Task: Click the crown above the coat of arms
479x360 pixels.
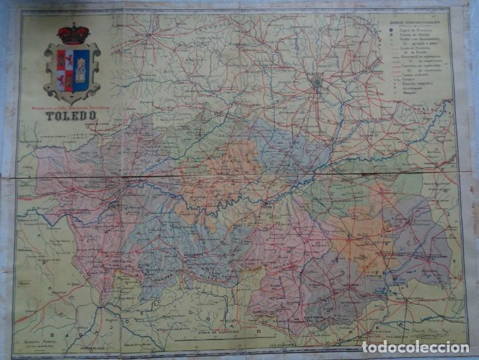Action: pos(73,34)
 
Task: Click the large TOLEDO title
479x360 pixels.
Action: pos(71,115)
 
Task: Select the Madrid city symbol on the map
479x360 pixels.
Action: pos(317,83)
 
